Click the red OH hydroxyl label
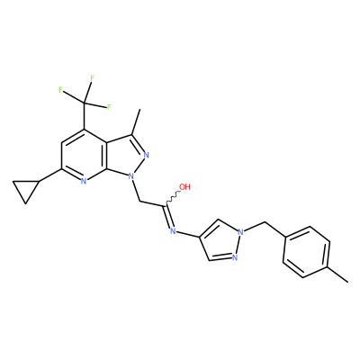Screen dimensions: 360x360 click(184, 187)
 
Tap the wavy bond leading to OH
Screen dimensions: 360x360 click(172, 197)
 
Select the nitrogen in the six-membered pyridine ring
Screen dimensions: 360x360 click(84, 181)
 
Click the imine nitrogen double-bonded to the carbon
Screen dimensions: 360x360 click(173, 231)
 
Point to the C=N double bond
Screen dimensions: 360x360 click(167, 217)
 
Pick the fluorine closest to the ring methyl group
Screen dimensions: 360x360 click(109, 107)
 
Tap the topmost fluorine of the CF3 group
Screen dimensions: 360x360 click(92, 78)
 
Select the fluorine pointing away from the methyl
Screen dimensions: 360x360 click(61, 90)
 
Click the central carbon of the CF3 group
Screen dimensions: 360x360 click(85, 103)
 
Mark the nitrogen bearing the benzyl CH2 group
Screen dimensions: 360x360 click(240, 232)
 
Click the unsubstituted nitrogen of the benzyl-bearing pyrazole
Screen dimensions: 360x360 click(234, 257)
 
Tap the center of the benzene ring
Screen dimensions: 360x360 click(306, 252)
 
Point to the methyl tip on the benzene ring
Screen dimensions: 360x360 click(348, 282)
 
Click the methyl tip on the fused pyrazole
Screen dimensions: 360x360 click(139, 110)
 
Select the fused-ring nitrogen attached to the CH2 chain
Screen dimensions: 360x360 click(130, 176)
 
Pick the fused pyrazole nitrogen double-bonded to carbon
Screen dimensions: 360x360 click(147, 156)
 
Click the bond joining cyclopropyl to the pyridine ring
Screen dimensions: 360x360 click(50, 175)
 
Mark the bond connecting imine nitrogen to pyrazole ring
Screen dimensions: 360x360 click(187, 235)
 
